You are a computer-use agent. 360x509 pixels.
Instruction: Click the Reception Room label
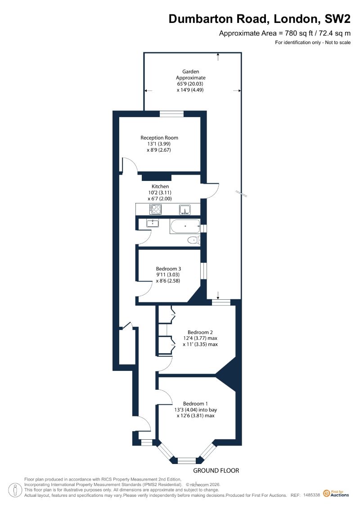[159, 138]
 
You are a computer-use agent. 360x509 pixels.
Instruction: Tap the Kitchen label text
[160, 186]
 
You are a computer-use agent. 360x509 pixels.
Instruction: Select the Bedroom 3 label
[168, 269]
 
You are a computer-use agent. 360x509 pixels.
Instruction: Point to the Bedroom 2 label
[200, 332]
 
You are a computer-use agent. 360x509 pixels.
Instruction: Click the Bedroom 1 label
[195, 404]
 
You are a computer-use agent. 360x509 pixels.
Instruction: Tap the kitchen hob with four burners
[155, 209]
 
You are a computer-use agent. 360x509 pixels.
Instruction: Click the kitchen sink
[184, 210]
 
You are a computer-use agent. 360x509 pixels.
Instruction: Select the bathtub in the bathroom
[184, 226]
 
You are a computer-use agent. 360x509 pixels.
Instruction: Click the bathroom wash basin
[152, 223]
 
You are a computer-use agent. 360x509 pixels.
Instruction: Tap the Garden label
[190, 72]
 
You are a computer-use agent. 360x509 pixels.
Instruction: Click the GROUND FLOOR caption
[216, 470]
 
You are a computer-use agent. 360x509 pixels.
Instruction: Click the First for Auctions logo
[336, 494]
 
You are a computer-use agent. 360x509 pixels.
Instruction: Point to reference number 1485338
[312, 495]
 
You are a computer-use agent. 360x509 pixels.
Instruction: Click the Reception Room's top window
[171, 113]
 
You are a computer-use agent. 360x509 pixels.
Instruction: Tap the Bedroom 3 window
[203, 271]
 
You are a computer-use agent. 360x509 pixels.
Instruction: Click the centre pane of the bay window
[187, 460]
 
